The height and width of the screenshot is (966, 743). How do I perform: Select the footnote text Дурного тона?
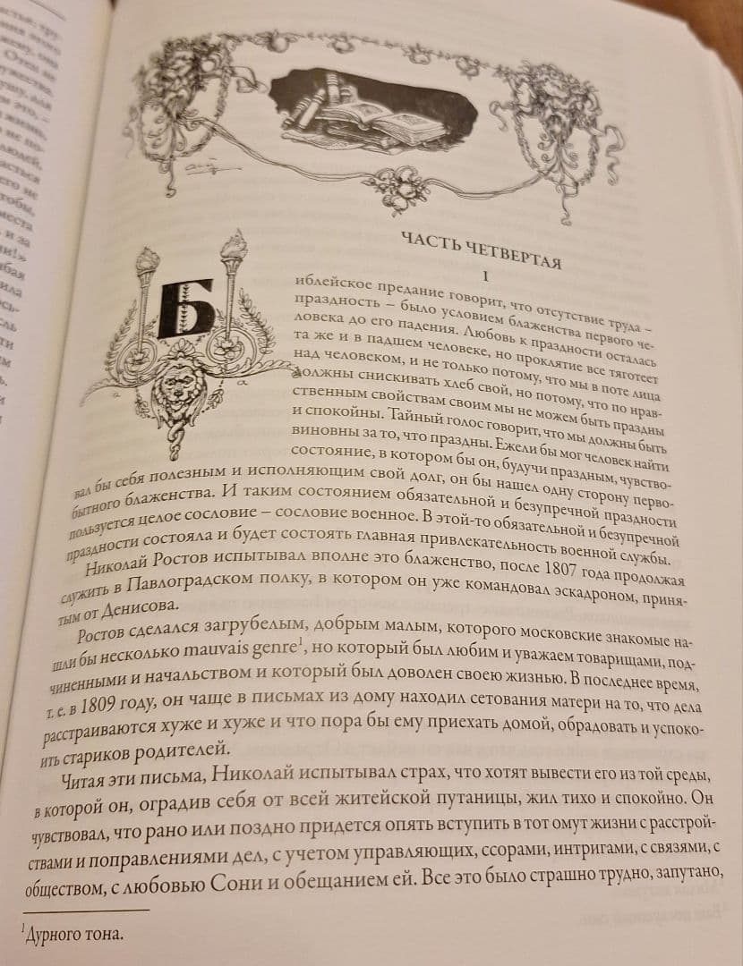(x=71, y=935)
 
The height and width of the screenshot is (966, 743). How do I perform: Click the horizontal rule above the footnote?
(x=85, y=909)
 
